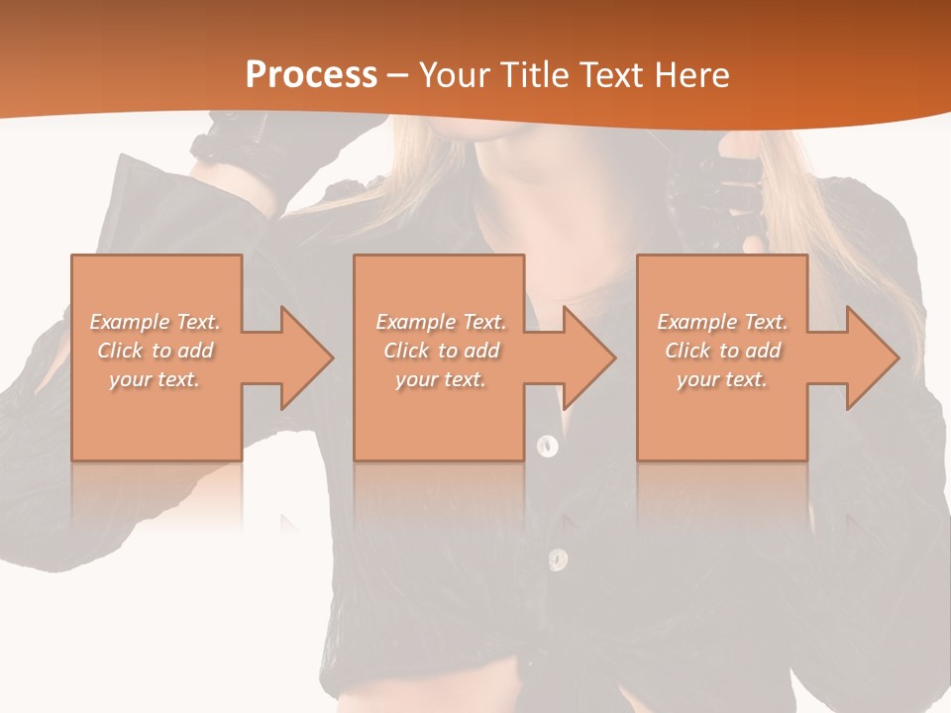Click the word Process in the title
click(x=311, y=76)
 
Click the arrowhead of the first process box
click(x=305, y=357)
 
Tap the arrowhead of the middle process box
click(x=588, y=357)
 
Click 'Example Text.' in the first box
click(x=155, y=322)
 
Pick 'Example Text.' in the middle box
click(x=440, y=322)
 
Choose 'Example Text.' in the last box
click(x=722, y=322)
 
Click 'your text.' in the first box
click(x=155, y=379)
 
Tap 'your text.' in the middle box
click(x=440, y=379)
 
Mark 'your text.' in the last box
click(x=722, y=379)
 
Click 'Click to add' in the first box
click(x=155, y=351)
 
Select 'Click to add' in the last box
click(x=722, y=351)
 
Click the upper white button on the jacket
click(x=547, y=446)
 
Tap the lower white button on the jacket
click(x=558, y=560)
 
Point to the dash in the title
click(x=397, y=76)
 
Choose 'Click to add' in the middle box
click(x=440, y=351)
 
